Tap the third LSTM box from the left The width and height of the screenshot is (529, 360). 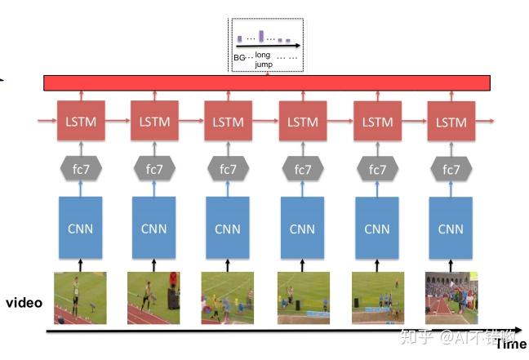coord(228,122)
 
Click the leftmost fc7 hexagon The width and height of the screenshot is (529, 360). coord(80,170)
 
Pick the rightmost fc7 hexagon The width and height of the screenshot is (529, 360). coord(450,170)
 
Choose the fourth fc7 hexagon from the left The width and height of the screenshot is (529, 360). coord(302,170)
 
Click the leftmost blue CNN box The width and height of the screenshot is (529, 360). coord(80,229)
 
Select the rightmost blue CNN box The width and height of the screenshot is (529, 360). coord(450,229)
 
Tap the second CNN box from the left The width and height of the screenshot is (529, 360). coord(153,229)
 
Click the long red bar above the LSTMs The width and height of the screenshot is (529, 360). coord(267,83)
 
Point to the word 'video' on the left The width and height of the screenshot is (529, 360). coord(24,303)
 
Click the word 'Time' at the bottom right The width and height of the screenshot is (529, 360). coord(512,344)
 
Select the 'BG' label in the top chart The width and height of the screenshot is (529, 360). coord(239,57)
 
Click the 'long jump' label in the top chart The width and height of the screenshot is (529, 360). coord(263,59)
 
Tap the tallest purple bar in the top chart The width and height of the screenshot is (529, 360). coord(261,35)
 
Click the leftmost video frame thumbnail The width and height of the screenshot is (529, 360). coord(80,298)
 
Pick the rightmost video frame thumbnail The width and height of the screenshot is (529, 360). coord(450,298)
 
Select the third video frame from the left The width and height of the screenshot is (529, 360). coord(228,298)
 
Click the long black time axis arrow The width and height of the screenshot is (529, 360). coord(269,331)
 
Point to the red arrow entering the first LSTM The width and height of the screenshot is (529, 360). coord(47,122)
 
